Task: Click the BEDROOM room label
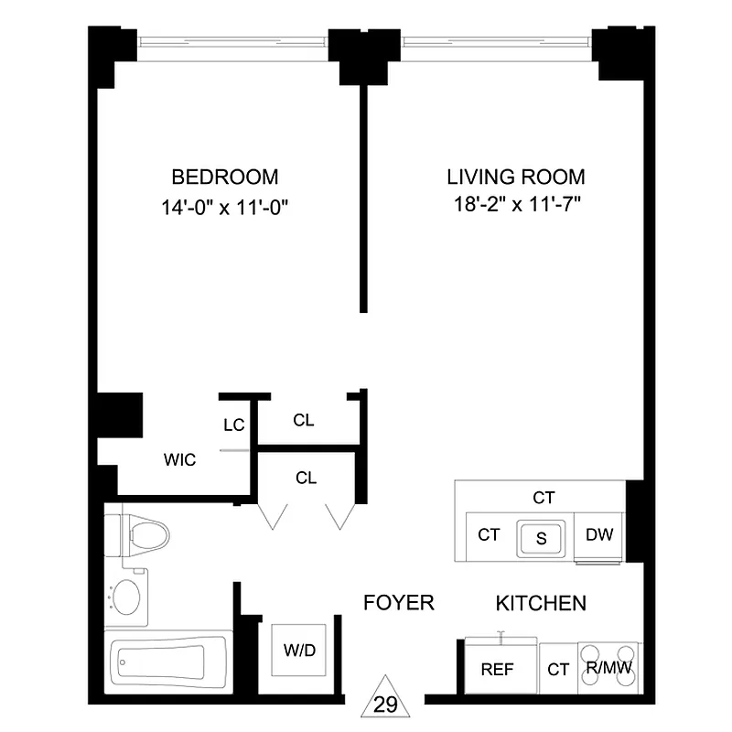tap(225, 177)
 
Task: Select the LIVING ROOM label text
tap(515, 177)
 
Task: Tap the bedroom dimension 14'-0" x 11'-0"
tap(225, 207)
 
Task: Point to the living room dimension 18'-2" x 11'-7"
tap(515, 205)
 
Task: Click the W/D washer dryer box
tap(299, 651)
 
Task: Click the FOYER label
tap(398, 603)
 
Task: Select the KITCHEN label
tap(541, 603)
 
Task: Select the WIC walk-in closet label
tap(180, 460)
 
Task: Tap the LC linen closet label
tap(233, 425)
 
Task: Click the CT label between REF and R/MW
tap(558, 670)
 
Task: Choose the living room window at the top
tap(498, 40)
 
